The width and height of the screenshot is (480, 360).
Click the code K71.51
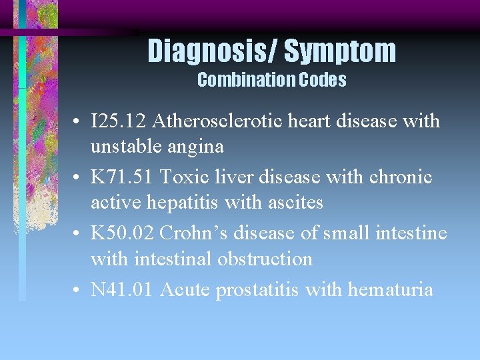pos(121,177)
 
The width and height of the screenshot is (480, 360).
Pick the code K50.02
pos(121,233)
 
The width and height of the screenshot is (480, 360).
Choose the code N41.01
pos(122,289)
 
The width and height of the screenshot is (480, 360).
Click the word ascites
pos(293,201)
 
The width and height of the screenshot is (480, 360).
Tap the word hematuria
pos(390,289)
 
